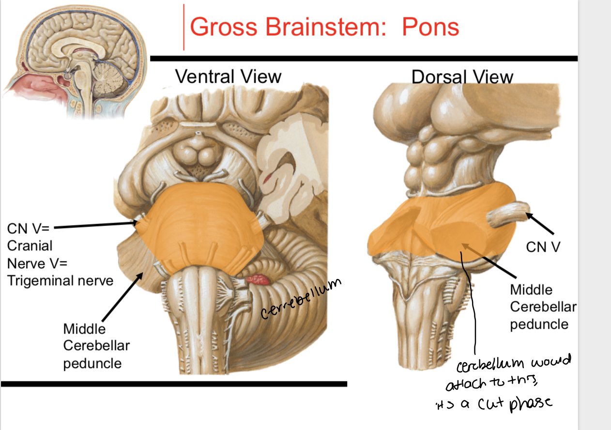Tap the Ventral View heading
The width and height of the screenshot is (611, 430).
tap(228, 77)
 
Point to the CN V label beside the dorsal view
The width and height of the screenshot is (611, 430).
tap(543, 247)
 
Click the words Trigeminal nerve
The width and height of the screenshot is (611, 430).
tap(60, 280)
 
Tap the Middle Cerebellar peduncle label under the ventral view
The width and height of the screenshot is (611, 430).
tap(96, 346)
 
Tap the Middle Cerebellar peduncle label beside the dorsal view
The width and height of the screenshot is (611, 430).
tap(543, 307)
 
